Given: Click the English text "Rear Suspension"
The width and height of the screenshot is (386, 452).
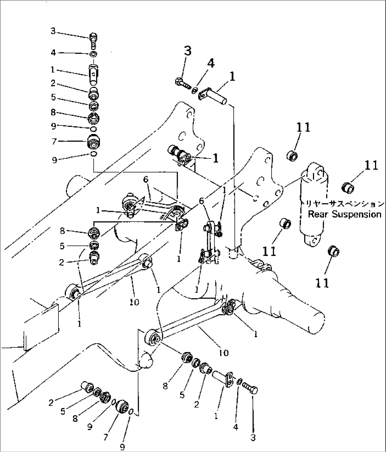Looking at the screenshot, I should coord(344,214).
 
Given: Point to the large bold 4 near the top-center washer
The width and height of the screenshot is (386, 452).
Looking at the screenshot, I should coord(210,64).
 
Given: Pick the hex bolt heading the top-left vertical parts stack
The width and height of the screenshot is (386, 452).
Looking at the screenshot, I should coord(94,37).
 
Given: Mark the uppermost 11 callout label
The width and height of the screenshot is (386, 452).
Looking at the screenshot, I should coord(301,127).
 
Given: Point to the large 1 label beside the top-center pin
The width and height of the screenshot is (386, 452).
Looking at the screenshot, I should coord(232,77).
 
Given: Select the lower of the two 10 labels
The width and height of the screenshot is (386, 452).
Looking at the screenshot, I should coord(223,353).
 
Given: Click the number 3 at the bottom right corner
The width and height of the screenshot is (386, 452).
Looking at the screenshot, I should coord(253,438).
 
